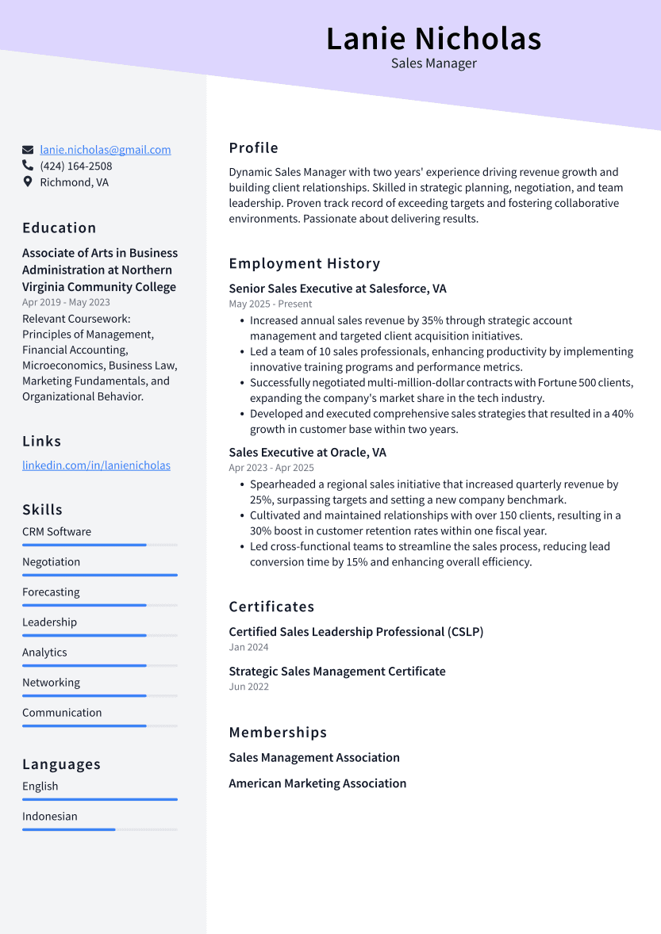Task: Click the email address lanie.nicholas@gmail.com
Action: click(x=105, y=150)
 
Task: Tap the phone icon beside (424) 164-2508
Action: click(x=28, y=166)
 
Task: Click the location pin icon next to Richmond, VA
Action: click(x=28, y=182)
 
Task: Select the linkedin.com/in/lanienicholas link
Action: click(x=96, y=465)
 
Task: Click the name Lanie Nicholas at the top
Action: click(x=433, y=38)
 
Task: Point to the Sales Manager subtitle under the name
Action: click(x=433, y=63)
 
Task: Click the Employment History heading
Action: click(x=304, y=263)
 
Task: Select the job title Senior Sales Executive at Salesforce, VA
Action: click(x=337, y=289)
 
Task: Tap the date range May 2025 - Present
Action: click(x=270, y=304)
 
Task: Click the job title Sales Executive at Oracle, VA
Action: click(x=307, y=452)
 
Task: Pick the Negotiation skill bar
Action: click(x=99, y=575)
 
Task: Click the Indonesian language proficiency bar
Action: click(x=99, y=829)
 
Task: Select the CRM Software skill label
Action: click(x=56, y=532)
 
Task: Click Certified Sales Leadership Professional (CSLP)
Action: click(x=355, y=632)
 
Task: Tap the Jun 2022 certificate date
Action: click(x=248, y=687)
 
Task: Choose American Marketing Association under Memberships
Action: click(x=317, y=783)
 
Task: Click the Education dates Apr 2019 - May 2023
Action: click(x=66, y=302)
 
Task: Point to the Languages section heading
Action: click(x=61, y=764)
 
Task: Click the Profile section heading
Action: click(x=253, y=148)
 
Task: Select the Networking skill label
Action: click(x=51, y=683)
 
